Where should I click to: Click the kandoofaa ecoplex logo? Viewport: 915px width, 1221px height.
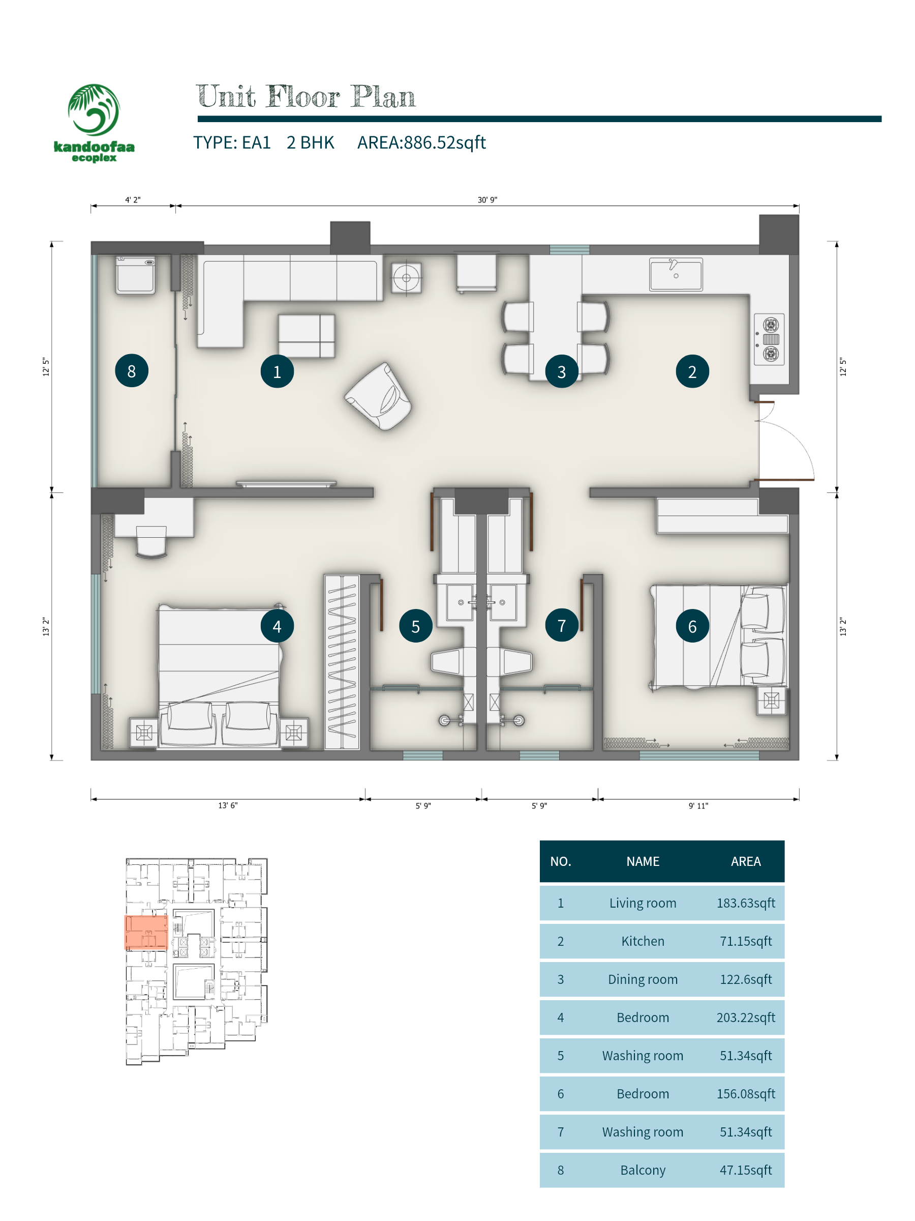(94, 123)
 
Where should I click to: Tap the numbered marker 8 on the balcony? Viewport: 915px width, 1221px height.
(131, 371)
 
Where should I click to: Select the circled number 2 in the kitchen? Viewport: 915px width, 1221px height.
(692, 371)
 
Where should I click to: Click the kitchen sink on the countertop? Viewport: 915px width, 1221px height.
(676, 274)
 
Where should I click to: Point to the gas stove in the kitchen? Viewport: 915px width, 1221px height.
(770, 339)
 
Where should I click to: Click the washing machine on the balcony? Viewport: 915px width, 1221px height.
(135, 274)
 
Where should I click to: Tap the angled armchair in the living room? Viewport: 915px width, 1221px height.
(378, 396)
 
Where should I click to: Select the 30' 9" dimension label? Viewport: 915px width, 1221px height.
(487, 200)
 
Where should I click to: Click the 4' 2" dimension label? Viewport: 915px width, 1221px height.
(132, 200)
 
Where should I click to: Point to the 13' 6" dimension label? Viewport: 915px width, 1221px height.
(228, 805)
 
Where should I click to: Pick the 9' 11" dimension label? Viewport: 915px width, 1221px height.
(698, 806)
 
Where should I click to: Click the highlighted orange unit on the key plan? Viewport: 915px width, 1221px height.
(146, 933)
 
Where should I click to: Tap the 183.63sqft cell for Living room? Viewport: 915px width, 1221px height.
(746, 903)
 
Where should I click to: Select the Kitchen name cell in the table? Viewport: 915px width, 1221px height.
(643, 941)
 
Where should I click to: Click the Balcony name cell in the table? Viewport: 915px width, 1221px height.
(643, 1170)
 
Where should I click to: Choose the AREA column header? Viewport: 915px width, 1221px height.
(746, 862)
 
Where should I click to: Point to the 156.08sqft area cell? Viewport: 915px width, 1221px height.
(746, 1094)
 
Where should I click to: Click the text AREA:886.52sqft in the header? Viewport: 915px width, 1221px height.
(421, 142)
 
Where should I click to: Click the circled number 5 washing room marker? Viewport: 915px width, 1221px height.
(415, 626)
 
